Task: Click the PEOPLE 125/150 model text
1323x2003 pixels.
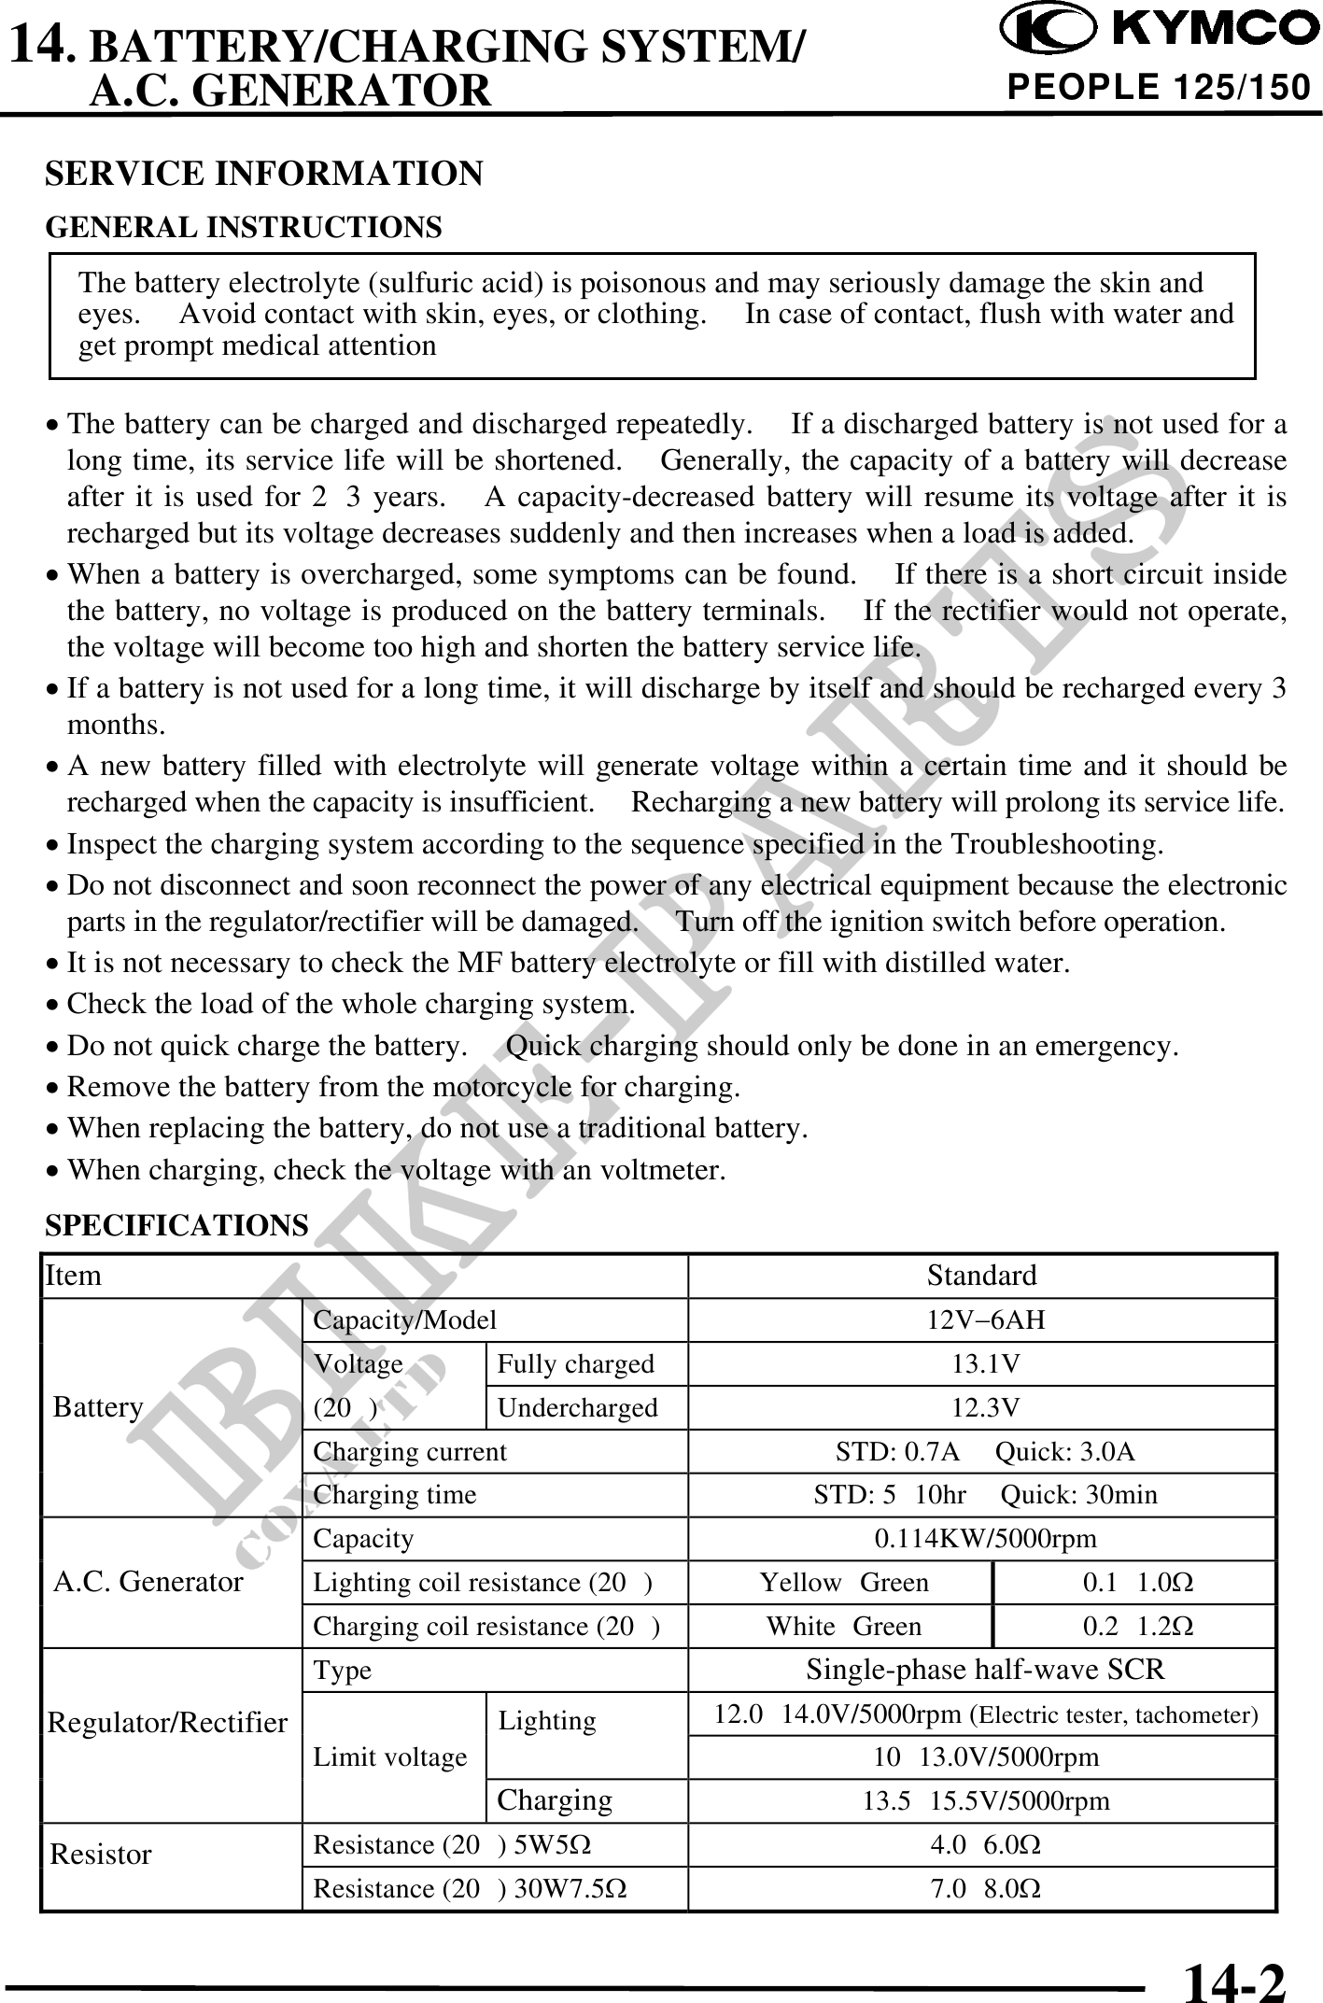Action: click(1158, 88)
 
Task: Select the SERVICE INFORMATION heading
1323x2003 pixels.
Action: click(264, 174)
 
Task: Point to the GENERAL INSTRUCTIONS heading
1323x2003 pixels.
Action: click(244, 227)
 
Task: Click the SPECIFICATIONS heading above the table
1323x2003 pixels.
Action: click(176, 1225)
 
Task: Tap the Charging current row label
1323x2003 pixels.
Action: click(410, 1452)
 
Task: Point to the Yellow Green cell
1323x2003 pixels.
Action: click(844, 1583)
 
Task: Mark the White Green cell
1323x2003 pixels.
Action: click(844, 1627)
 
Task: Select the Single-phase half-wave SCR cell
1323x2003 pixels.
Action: click(985, 1670)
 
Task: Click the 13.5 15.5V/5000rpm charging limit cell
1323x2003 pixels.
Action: click(985, 1801)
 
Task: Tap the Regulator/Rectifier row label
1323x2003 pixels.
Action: click(168, 1724)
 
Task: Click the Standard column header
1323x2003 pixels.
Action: click(981, 1276)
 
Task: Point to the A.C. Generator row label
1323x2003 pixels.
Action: click(148, 1582)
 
